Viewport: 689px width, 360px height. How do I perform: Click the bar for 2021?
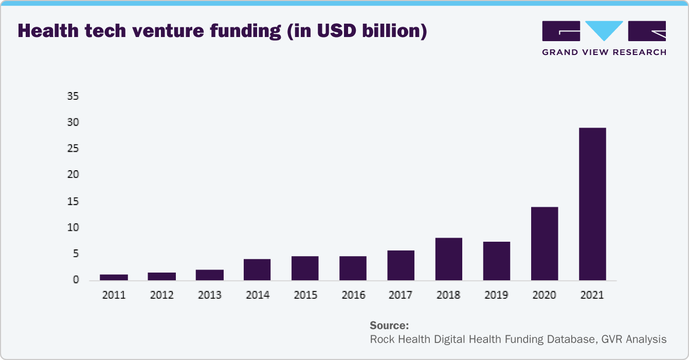pos(592,204)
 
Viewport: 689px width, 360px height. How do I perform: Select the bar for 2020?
pos(545,243)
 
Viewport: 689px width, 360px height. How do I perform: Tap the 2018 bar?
pos(448,259)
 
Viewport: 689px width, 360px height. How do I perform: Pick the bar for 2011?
pos(114,277)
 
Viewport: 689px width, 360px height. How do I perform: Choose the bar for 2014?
pos(257,269)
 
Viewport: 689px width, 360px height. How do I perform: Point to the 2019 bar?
pos(497,261)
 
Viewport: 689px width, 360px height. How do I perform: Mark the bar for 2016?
pos(353,268)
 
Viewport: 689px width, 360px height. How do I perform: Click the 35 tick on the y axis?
pos(73,96)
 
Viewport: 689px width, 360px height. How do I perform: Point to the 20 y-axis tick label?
pos(73,175)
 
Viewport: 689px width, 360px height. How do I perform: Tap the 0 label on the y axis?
pos(76,280)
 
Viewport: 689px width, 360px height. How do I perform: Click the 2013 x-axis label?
pos(210,295)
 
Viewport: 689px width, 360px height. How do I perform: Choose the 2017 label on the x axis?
pos(401,295)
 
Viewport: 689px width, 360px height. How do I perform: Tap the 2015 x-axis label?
pos(305,295)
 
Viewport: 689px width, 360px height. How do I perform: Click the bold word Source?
pos(389,326)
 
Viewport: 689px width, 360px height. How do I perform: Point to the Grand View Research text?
pos(604,52)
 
